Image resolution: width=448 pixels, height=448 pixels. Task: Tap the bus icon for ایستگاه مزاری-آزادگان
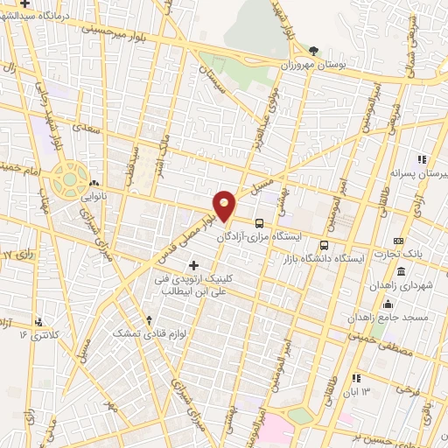260,223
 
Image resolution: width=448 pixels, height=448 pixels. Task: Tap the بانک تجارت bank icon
400,241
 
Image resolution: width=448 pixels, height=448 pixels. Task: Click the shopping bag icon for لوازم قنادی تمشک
151,319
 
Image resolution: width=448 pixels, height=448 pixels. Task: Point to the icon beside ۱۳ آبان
356,378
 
